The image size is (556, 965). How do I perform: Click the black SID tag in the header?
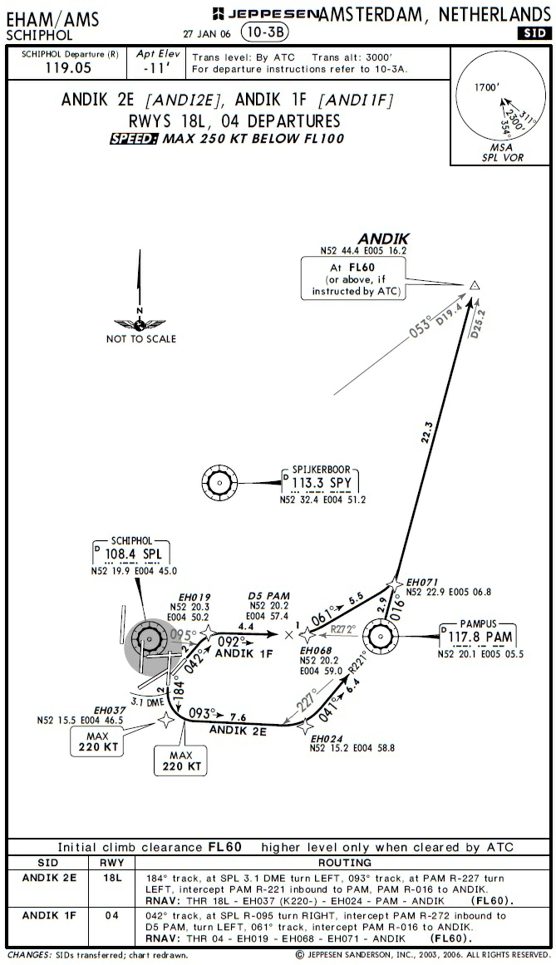click(532, 33)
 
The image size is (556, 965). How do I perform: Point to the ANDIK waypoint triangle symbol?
click(475, 286)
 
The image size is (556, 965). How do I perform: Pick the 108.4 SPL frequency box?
click(133, 554)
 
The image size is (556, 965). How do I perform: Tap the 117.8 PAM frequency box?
click(477, 637)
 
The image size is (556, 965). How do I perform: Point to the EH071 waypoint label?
click(422, 582)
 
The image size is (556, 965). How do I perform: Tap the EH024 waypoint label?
click(327, 737)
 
